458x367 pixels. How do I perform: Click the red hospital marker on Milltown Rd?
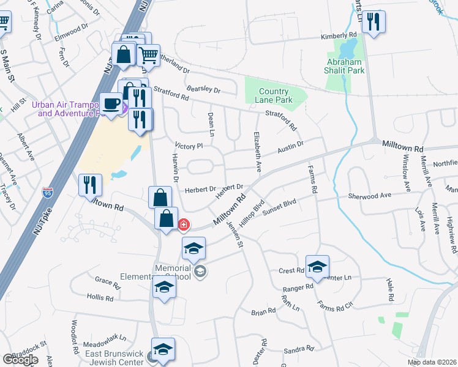point(183,225)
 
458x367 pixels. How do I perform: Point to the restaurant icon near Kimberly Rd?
point(372,23)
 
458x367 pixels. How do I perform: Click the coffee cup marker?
point(111,103)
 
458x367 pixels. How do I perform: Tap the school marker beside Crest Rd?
point(318,266)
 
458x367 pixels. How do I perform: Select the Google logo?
point(20,360)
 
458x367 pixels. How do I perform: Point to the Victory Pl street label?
point(189,147)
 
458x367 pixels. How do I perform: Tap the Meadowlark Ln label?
point(105,337)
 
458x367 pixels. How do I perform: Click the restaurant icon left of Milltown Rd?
point(90,183)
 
